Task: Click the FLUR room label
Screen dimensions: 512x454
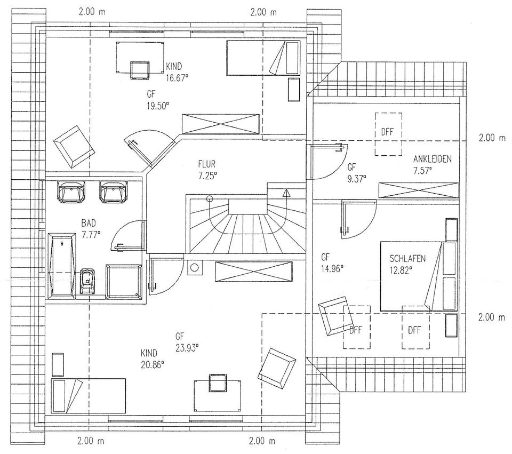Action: coord(206,164)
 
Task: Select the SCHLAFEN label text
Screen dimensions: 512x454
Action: coord(407,259)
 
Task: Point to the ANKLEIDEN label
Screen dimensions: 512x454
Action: coord(433,159)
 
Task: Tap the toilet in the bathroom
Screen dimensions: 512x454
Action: coord(86,280)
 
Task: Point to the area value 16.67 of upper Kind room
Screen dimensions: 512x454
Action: coord(177,77)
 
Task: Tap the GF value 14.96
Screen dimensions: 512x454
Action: coord(332,266)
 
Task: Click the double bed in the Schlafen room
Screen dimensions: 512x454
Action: coord(411,275)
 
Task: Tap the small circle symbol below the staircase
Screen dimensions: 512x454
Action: coord(195,267)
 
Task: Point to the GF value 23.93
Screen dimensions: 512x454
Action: coord(186,347)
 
